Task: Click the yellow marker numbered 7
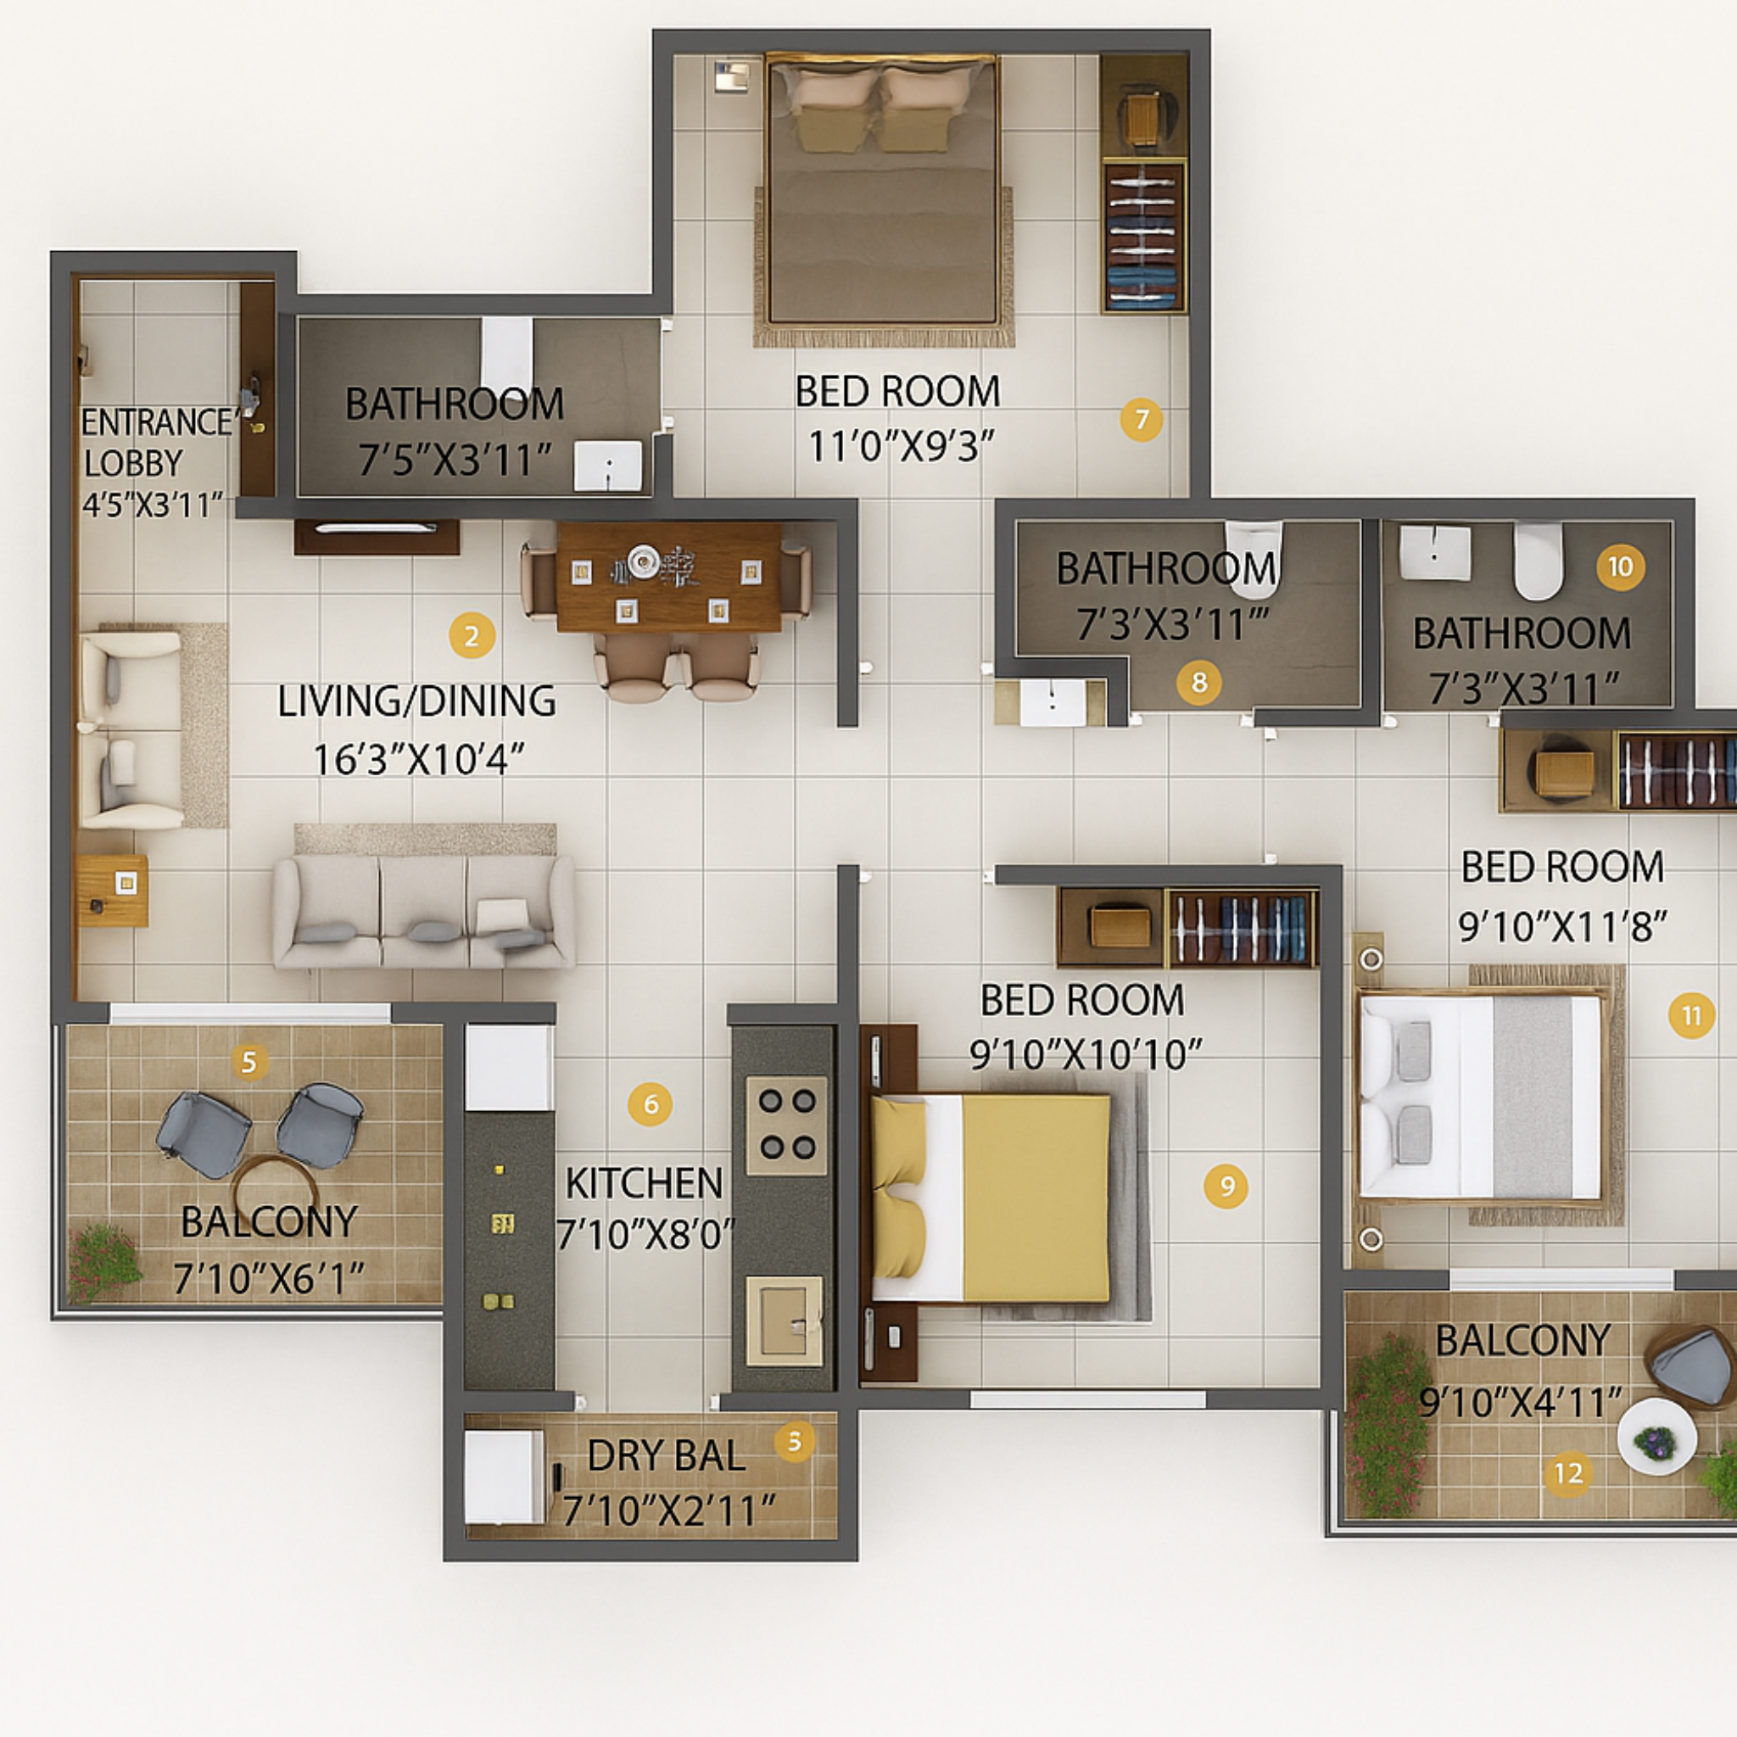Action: (x=1141, y=419)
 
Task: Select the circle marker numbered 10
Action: (x=1620, y=567)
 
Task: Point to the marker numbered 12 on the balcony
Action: (x=1568, y=1473)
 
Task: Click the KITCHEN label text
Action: (x=644, y=1183)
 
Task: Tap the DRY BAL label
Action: (x=665, y=1455)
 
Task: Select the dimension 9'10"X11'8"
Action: (x=1561, y=925)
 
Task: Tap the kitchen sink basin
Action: (x=784, y=1320)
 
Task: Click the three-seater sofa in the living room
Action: (x=423, y=913)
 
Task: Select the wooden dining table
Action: (x=668, y=578)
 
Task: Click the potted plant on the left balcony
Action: (x=105, y=1260)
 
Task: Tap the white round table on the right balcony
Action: (x=1656, y=1436)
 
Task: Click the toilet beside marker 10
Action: (x=1539, y=560)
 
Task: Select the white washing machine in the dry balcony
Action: (x=504, y=1477)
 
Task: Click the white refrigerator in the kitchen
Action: (x=508, y=1067)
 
